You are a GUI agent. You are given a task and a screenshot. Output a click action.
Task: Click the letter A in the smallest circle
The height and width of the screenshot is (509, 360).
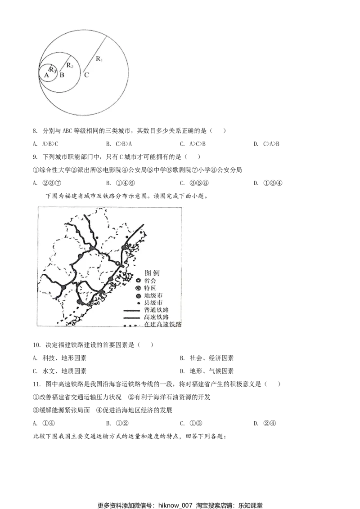click(x=46, y=76)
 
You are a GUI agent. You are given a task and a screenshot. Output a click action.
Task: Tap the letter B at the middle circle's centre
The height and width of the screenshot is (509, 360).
click(x=62, y=75)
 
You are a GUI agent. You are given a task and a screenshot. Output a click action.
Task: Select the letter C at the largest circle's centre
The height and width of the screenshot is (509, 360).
click(x=86, y=75)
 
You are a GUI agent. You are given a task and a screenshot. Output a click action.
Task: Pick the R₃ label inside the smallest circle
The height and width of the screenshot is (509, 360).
click(x=53, y=69)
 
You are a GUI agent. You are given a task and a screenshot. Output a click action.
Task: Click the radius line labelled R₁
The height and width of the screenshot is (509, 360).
click(x=94, y=53)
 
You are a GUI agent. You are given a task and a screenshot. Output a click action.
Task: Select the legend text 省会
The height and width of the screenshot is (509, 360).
click(x=150, y=280)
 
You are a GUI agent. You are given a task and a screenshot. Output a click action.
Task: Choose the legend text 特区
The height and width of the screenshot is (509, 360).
click(x=150, y=288)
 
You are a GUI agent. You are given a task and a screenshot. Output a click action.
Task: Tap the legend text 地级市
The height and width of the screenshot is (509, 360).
click(x=153, y=295)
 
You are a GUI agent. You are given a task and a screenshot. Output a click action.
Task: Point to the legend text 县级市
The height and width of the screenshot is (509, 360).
click(x=153, y=303)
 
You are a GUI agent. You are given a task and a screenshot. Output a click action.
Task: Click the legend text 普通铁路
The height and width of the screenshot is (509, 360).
click(x=157, y=310)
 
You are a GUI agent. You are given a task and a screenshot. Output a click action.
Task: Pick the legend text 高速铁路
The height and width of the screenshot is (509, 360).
click(x=157, y=317)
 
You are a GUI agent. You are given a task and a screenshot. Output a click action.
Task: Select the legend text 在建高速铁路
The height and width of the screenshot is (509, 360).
click(x=163, y=324)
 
